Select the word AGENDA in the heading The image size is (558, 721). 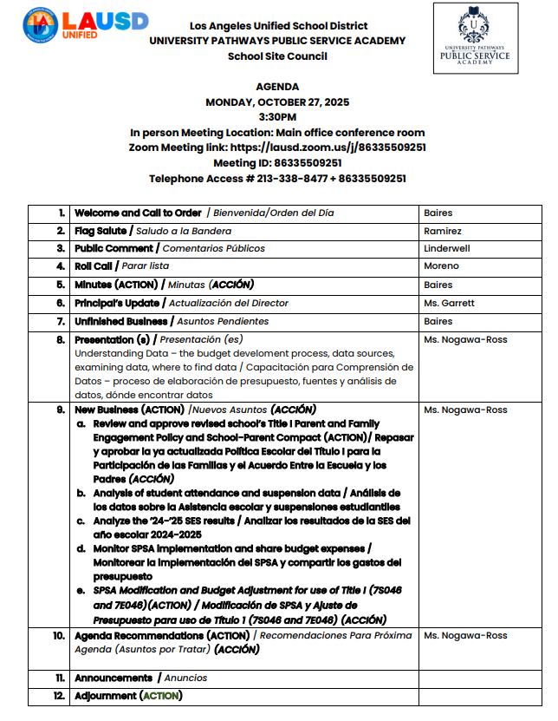[277, 87]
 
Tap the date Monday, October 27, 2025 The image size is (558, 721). [277, 102]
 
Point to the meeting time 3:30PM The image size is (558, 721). [277, 116]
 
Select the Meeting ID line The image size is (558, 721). [277, 163]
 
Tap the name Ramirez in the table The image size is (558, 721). [443, 231]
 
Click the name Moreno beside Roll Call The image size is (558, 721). [441, 266]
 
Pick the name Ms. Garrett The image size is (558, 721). [449, 303]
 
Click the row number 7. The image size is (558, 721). [61, 321]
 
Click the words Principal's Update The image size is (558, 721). [117, 303]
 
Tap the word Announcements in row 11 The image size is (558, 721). [114, 678]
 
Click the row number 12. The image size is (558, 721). [59, 696]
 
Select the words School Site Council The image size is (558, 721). [277, 56]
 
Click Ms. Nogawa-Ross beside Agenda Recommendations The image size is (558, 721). [465, 635]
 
